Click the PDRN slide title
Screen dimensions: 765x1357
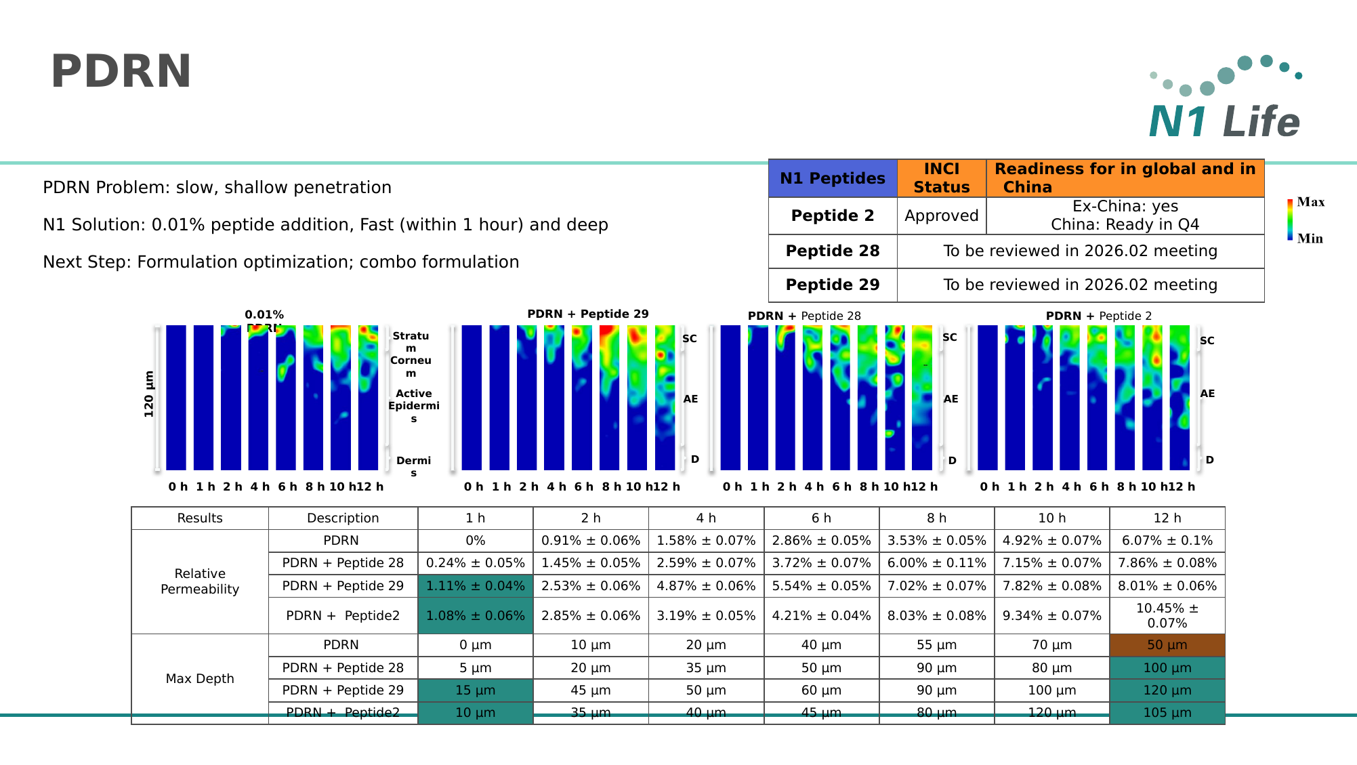[121, 71]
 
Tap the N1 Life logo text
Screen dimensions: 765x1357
[1224, 122]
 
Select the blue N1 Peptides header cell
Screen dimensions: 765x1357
[833, 178]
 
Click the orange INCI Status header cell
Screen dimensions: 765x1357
[941, 178]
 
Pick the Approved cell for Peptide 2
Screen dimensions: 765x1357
[941, 215]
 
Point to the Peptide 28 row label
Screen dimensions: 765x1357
[833, 251]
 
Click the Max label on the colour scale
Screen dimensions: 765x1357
[1310, 202]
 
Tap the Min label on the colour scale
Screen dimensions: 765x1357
[1310, 239]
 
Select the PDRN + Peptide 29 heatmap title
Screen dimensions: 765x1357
[587, 314]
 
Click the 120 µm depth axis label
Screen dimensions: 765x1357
[149, 394]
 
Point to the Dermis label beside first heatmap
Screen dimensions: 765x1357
[413, 466]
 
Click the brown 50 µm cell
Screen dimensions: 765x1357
[1167, 645]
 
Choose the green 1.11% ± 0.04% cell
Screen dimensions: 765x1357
[475, 585]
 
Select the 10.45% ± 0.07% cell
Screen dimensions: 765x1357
[1167, 615]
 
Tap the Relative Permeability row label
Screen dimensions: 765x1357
[200, 581]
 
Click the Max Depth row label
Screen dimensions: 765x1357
[200, 678]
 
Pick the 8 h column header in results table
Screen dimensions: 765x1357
[936, 518]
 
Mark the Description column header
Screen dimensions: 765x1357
[343, 518]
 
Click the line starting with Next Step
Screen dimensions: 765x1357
[281, 262]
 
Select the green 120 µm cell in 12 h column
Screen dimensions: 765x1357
[1167, 690]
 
